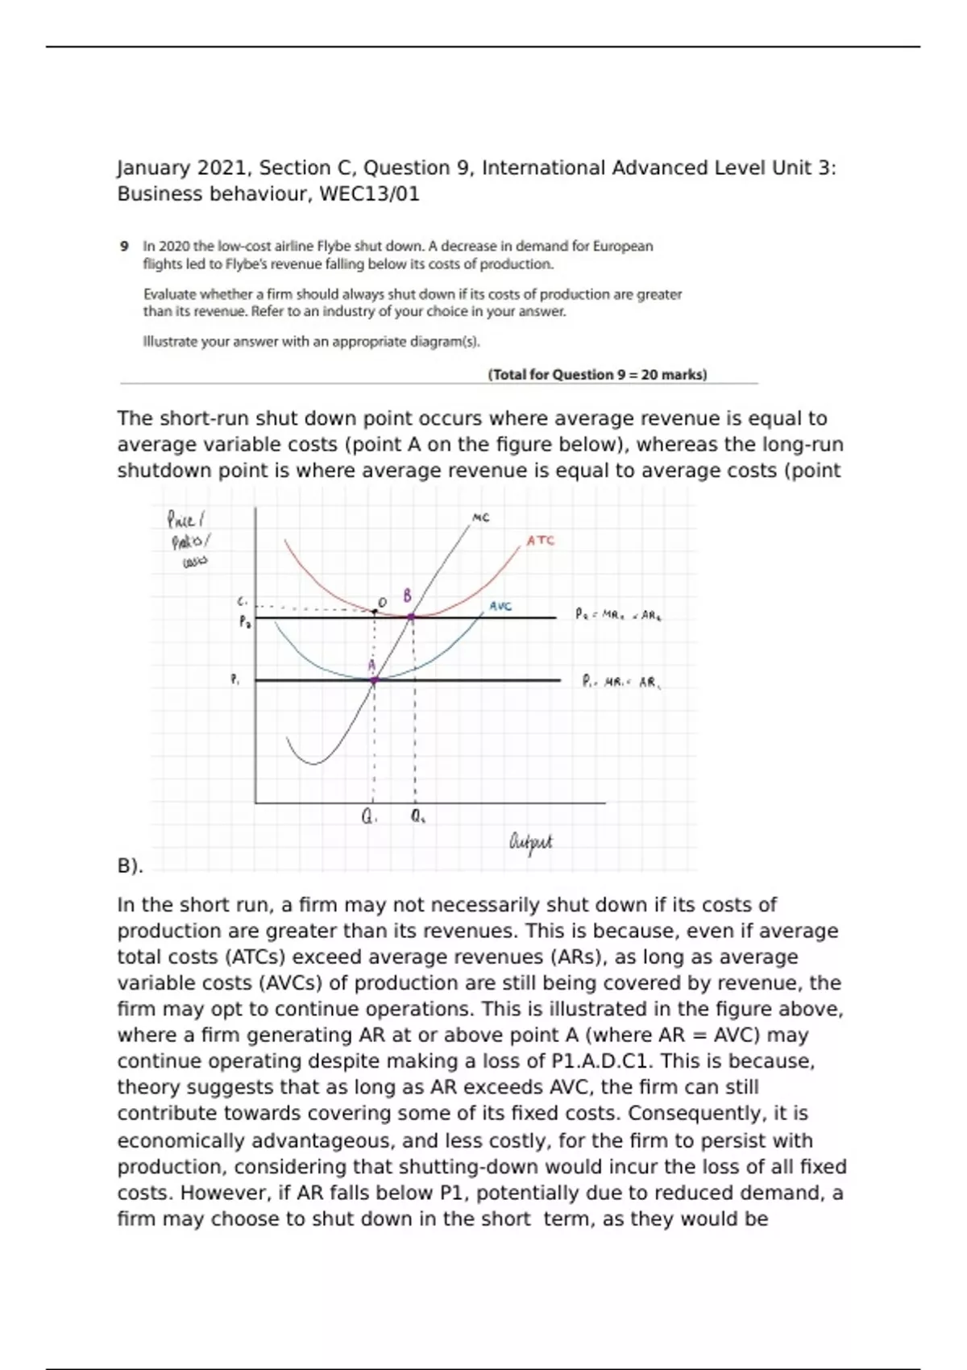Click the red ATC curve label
tap(541, 541)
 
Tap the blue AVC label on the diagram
tap(500, 606)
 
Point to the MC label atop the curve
tap(480, 518)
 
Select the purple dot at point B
tap(412, 617)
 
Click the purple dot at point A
tap(374, 681)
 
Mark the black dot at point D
tap(375, 612)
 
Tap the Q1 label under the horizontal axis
tap(369, 816)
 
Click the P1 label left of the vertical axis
tap(235, 680)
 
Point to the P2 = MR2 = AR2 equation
tap(619, 615)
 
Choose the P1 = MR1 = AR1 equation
tap(621, 682)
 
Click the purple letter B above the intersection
tap(408, 596)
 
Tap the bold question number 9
tap(125, 246)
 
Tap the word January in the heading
tap(154, 168)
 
